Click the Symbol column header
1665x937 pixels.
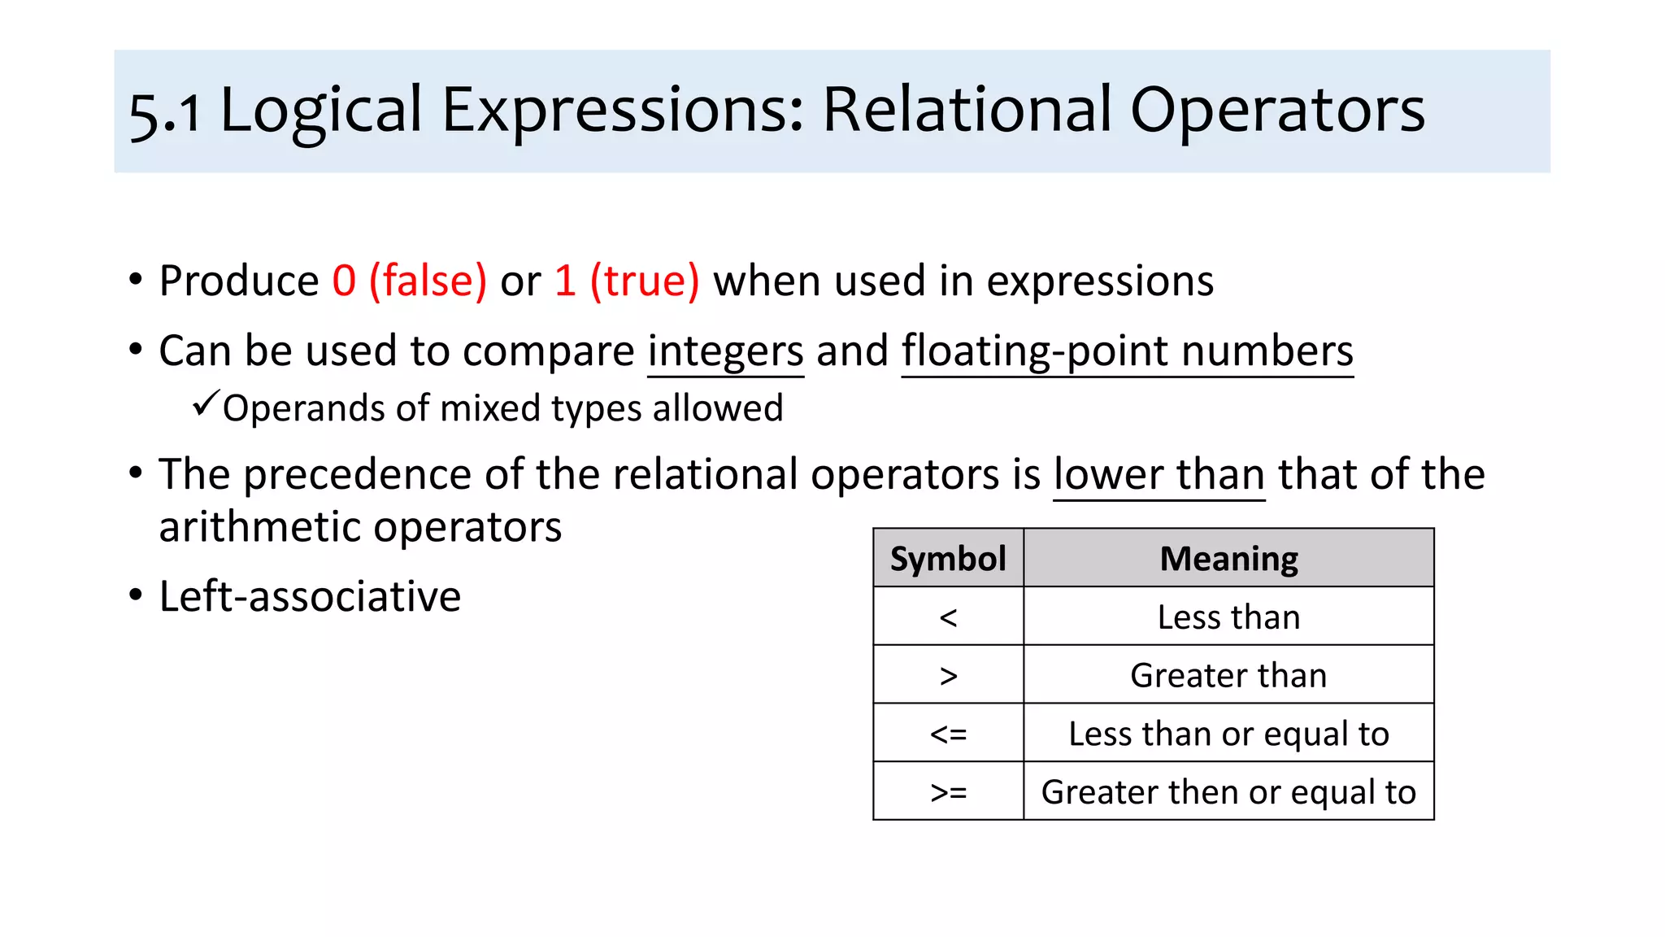pos(948,559)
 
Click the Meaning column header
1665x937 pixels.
pos(1228,559)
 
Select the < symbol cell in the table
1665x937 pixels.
pos(948,617)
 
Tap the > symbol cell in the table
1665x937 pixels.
pos(948,675)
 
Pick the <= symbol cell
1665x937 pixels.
pos(948,734)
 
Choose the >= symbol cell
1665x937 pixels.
pos(948,791)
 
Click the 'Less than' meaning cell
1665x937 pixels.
pos(1228,617)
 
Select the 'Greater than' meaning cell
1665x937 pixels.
pos(1228,675)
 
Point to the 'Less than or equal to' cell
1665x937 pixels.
pos(1228,734)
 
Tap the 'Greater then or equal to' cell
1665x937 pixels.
pos(1228,791)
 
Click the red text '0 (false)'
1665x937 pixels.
pos(409,281)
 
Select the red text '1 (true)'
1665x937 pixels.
pos(626,281)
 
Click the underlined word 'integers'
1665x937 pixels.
pos(725,352)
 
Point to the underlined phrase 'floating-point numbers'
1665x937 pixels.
pos(1127,352)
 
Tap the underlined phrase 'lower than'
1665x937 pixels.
pos(1159,475)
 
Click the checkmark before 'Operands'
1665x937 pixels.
pos(206,403)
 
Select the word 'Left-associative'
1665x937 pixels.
pos(310,596)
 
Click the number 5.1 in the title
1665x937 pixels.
pos(165,112)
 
